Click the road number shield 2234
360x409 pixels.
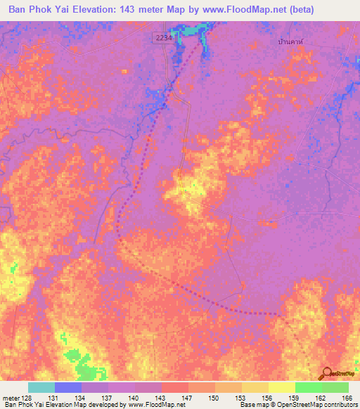coord(162,36)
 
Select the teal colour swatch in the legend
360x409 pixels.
coord(41,387)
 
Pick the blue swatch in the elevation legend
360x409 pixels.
coord(68,387)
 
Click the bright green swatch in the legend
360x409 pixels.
coord(308,387)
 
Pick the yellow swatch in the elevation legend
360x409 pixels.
coord(281,387)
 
